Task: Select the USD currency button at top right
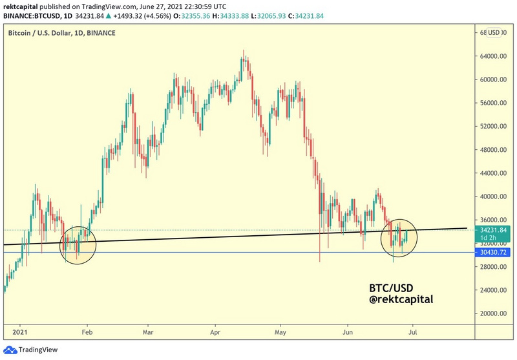tap(494, 32)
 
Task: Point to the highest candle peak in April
tap(244, 50)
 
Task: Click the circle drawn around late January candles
tap(78, 243)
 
